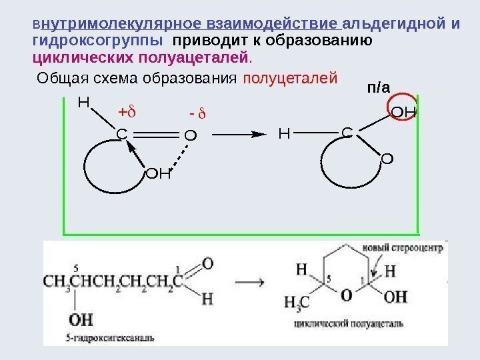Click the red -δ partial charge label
pyautogui.click(x=199, y=118)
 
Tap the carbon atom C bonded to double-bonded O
pyautogui.click(x=122, y=135)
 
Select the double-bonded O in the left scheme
pyautogui.click(x=190, y=136)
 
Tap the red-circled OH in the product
pyautogui.click(x=403, y=111)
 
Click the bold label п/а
pyautogui.click(x=378, y=87)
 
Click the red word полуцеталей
pyautogui.click(x=290, y=79)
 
